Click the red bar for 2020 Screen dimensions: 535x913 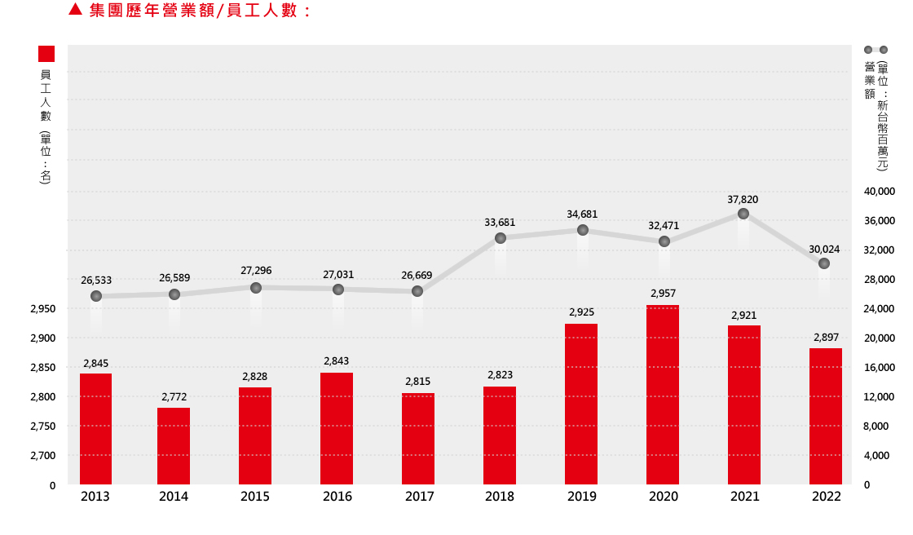pos(663,396)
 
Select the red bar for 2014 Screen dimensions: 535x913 pos(174,446)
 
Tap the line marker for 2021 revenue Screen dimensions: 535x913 pos(743,214)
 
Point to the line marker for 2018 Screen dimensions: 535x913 pos(501,238)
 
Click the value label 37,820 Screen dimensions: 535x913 pos(743,199)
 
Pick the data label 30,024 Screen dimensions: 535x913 pos(824,249)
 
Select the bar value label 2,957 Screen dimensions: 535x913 pos(663,293)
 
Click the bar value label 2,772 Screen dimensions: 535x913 pos(174,396)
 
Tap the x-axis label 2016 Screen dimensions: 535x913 pos(337,497)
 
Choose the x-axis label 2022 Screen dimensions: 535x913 pos(827,497)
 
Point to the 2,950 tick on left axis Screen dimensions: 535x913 pos(42,309)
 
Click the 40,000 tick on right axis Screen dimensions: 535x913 pos(880,192)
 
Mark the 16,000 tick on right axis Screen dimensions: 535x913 pos(880,368)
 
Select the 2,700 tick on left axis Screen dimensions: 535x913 pos(42,456)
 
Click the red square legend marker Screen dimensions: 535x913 pos(46,54)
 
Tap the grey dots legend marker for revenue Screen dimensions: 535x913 pos(876,50)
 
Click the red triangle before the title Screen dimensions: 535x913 pos(75,10)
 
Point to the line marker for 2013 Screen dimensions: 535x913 pos(96,296)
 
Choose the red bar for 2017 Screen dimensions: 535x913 pos(418,439)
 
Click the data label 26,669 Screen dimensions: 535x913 pos(417,276)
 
